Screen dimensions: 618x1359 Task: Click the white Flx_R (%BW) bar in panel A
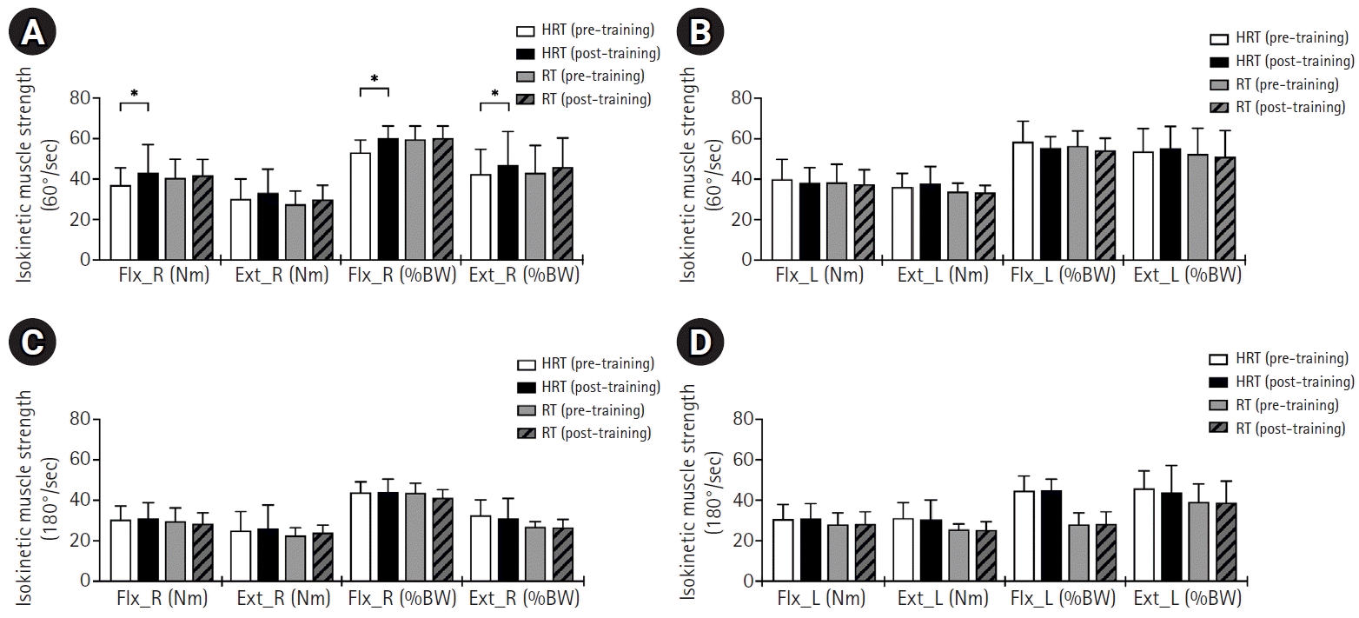(x=360, y=206)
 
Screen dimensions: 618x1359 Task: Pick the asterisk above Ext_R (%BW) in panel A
(x=494, y=93)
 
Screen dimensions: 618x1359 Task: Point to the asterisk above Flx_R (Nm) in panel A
(x=135, y=93)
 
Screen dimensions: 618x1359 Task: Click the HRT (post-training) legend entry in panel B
(x=1282, y=62)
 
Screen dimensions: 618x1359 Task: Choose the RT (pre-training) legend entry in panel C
(x=584, y=410)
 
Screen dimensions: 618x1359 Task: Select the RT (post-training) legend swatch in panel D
(x=1221, y=429)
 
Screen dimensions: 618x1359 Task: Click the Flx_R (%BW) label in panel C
(x=400, y=599)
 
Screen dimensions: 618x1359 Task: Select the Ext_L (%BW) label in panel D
(x=1188, y=599)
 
